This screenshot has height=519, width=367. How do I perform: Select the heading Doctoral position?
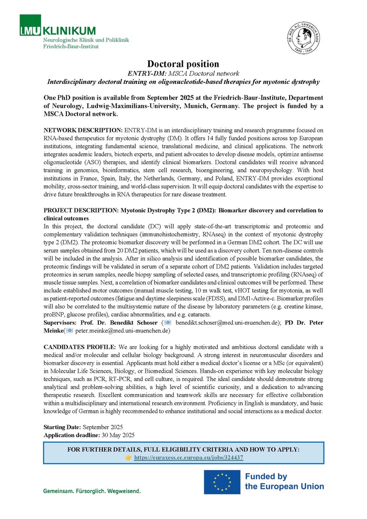[x=183, y=63]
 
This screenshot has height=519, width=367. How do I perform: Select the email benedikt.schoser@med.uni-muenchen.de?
[x=227, y=323]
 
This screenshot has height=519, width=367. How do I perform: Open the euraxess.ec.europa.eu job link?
[x=189, y=458]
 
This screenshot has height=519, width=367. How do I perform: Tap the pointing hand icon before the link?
[x=128, y=458]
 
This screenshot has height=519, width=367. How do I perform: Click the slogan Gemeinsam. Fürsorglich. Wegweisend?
[x=92, y=491]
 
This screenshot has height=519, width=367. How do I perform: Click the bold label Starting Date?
[x=62, y=427]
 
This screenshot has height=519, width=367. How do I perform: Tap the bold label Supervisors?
[x=62, y=323]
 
